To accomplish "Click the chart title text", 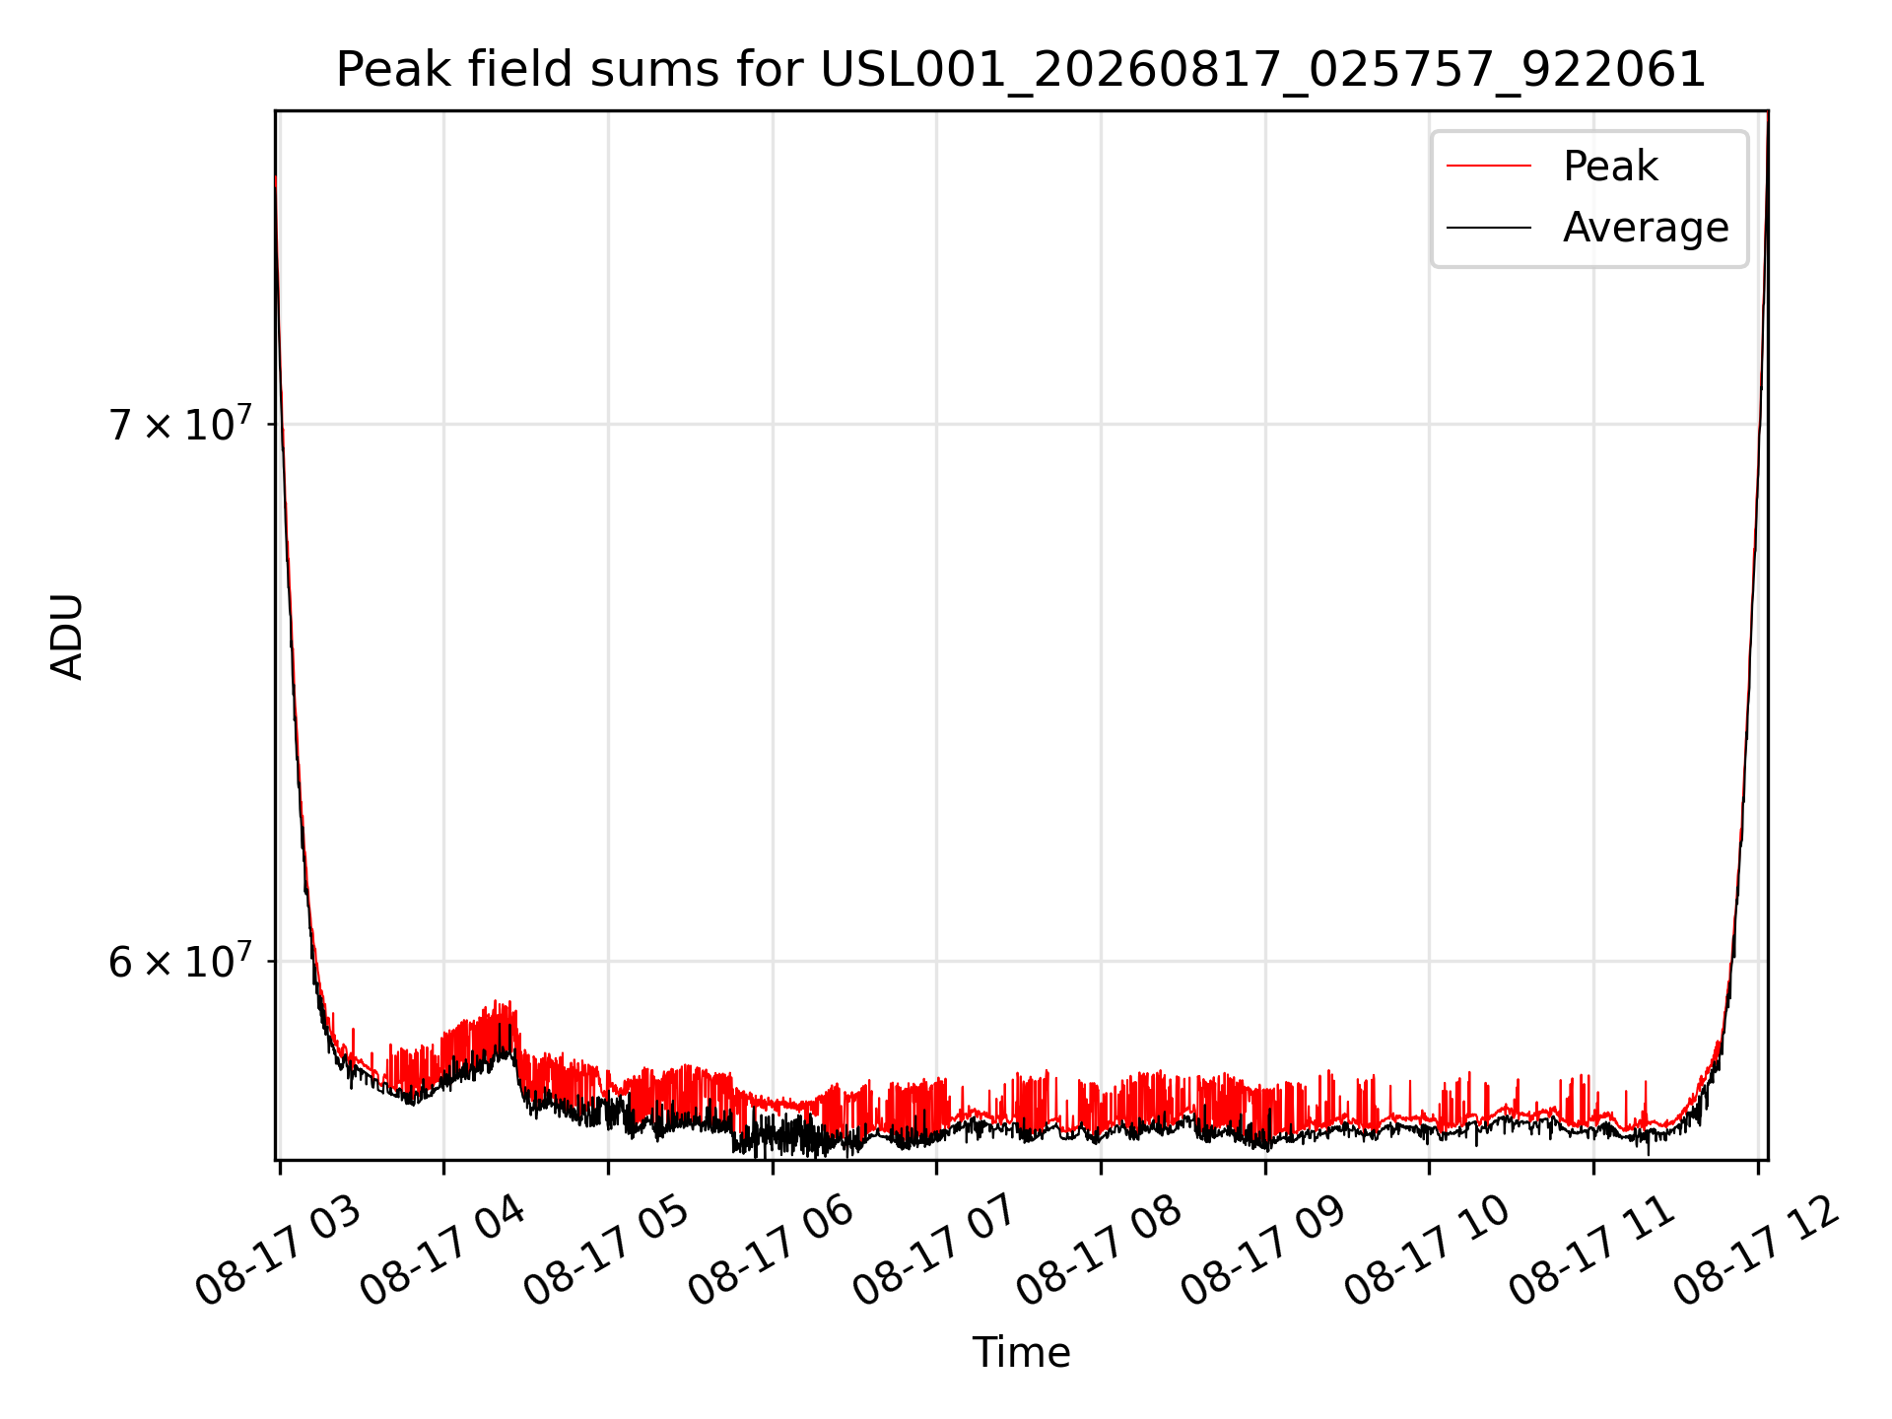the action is [1021, 70].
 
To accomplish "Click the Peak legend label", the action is [1610, 167].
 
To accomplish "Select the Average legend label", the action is [1646, 228].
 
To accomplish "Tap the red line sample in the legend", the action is [1489, 167].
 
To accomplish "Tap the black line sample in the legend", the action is [1489, 228].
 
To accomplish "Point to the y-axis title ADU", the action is [67, 636].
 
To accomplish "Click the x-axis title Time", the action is [1021, 1353].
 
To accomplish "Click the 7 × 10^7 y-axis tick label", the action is [180, 424].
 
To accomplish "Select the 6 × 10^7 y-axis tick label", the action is [180, 960].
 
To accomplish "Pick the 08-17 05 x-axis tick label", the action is [608, 1251].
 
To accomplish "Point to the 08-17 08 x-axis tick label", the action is [1101, 1251].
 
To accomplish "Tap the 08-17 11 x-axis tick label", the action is [1593, 1251].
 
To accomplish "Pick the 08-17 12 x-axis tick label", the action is [1758, 1251].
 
